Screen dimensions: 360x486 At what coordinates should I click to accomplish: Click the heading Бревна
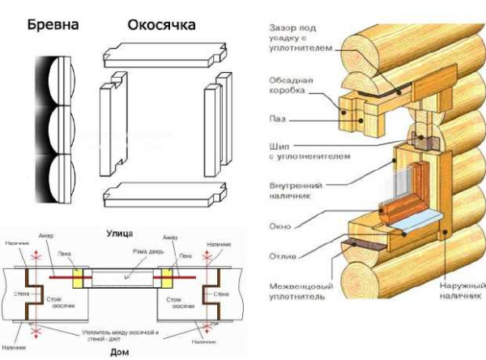click(x=53, y=25)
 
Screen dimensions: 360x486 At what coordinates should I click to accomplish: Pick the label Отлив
click(x=282, y=258)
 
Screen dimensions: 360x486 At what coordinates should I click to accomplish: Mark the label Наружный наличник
click(x=459, y=292)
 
